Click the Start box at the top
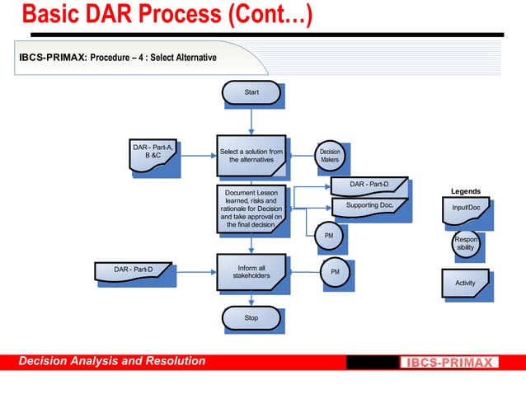pyautogui.click(x=251, y=92)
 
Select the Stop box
pyautogui.click(x=251, y=317)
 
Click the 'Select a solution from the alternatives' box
pyautogui.click(x=251, y=156)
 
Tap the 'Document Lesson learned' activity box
pyautogui.click(x=251, y=208)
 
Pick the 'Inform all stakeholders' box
pyautogui.click(x=251, y=272)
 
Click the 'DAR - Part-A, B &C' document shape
pyautogui.click(x=153, y=156)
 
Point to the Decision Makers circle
pyautogui.click(x=330, y=155)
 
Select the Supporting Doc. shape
pyautogui.click(x=369, y=205)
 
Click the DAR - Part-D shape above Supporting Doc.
pyautogui.click(x=369, y=185)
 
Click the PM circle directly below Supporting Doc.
pyautogui.click(x=329, y=237)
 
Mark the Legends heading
pyautogui.click(x=466, y=191)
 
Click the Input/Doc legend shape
pyautogui.click(x=465, y=209)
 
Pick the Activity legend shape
pyautogui.click(x=465, y=282)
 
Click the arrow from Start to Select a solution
pyautogui.click(x=251, y=120)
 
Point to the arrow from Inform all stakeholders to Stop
pyautogui.click(x=251, y=299)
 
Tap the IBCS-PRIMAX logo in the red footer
pyautogui.click(x=449, y=362)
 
